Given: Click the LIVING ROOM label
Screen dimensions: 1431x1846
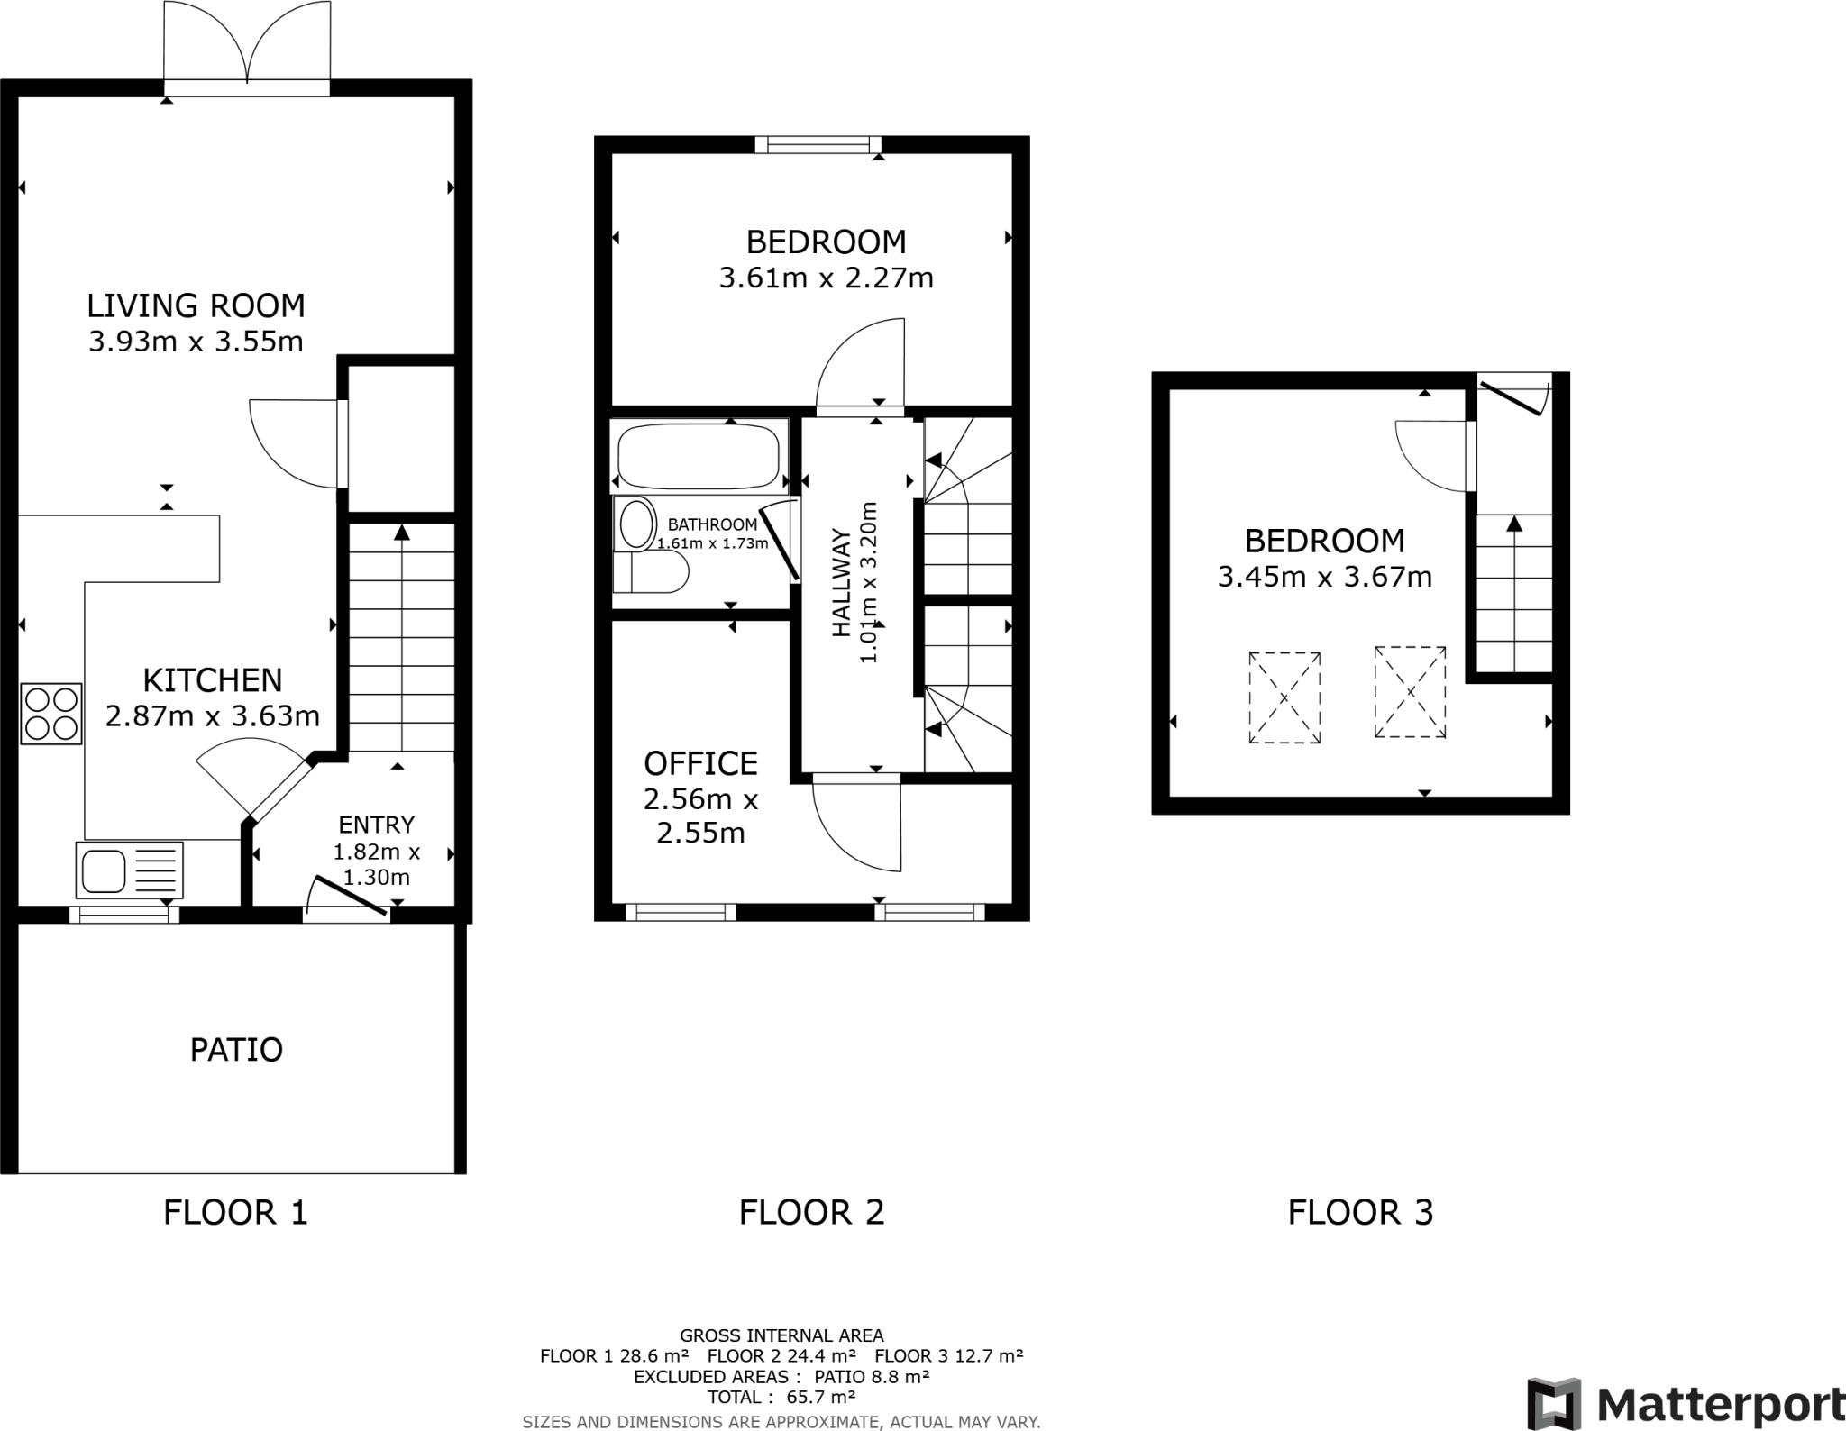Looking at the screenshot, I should (x=196, y=306).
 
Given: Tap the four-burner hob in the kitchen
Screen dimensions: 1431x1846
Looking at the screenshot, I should (x=51, y=714).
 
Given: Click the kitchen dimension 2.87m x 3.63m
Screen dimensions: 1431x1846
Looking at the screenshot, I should (x=213, y=716).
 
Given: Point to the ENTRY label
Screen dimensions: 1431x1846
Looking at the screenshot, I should (x=376, y=825).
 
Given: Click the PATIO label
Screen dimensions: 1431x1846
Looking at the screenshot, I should (x=236, y=1050).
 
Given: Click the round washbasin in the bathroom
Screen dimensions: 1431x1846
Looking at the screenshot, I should (x=637, y=524).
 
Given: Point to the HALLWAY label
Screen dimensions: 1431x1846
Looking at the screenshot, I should (x=841, y=584).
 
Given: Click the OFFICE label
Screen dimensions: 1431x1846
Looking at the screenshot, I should (x=700, y=764).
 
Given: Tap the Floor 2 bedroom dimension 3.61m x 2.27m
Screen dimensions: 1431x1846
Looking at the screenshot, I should (x=826, y=278).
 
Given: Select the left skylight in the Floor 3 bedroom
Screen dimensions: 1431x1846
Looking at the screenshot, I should (x=1284, y=697).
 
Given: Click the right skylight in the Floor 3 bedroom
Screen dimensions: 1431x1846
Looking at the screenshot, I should (x=1410, y=692).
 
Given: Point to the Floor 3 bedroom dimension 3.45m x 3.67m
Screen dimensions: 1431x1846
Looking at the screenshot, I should (x=1324, y=577).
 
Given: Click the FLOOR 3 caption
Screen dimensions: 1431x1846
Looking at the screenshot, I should (x=1359, y=1213).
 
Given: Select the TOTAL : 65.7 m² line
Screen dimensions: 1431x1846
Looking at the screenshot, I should (x=781, y=1398).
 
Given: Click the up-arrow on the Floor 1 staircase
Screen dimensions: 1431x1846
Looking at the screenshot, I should (x=402, y=533).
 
